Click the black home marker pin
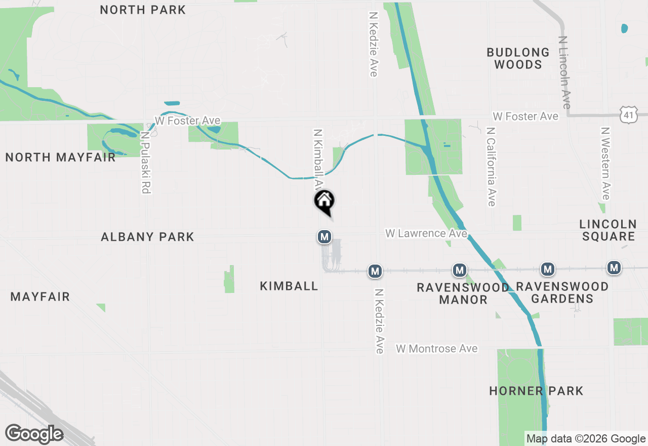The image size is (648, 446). coord(325,201)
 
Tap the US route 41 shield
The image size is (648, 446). coord(628,115)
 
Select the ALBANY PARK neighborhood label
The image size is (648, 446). coord(147,237)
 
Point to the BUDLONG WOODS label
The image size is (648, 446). coord(518,58)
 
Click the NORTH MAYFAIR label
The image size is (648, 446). coord(60,158)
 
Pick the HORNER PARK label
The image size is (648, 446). coord(536,391)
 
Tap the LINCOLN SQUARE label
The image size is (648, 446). coord(607,230)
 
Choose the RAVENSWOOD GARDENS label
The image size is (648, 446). coord(562,292)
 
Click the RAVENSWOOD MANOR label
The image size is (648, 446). coord(463,293)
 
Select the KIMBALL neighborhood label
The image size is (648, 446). coord(289,286)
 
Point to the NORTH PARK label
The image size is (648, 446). coord(143,10)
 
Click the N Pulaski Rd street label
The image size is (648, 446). coord(146,163)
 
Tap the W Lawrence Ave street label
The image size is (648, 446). coord(426,233)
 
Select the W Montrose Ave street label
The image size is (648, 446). coord(437,349)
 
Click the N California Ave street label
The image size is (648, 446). coord(490,167)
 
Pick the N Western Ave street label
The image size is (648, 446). coord(605,163)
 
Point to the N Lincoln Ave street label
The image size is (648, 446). coord(565,72)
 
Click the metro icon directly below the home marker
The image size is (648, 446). coord(325,236)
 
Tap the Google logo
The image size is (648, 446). coord(34,433)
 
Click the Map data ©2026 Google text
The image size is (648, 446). coord(586,439)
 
